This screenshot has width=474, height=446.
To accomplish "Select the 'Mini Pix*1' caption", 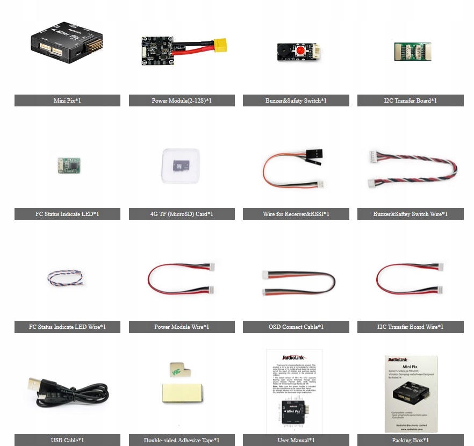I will click(x=67, y=100).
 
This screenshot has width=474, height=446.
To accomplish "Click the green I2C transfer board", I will click(x=412, y=52).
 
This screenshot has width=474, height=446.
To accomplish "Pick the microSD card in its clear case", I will click(x=180, y=166).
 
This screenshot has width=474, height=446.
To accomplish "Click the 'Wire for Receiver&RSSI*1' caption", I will click(x=296, y=214).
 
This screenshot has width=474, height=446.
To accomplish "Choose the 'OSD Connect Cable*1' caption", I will click(x=296, y=327).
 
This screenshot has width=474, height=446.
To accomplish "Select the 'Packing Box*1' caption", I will click(x=410, y=440).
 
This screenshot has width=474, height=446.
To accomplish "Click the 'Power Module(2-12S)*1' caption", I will click(x=182, y=100).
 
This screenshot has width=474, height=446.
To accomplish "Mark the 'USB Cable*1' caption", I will click(x=67, y=440).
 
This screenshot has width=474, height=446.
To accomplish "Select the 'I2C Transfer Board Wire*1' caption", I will click(x=410, y=327).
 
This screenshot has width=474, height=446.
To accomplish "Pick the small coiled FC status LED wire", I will click(x=65, y=278).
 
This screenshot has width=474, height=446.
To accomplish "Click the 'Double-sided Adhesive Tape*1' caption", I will click(x=182, y=440).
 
